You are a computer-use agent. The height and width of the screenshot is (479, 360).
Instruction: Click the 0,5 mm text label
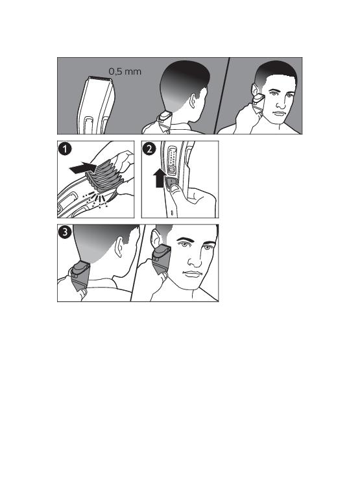pos(125,71)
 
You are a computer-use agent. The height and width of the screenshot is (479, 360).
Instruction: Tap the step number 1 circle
pos(65,149)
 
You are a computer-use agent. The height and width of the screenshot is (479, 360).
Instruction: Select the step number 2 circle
pos(149,149)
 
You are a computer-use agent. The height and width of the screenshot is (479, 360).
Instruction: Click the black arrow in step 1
pos(83,168)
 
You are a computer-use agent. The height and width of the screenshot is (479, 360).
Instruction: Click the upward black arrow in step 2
pos(160,179)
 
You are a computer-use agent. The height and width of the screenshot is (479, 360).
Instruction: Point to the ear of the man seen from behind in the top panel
pos(193,101)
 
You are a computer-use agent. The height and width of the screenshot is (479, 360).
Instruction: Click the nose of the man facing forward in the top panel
pos(281,102)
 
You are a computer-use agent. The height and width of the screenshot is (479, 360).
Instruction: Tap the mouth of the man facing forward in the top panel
pos(279,114)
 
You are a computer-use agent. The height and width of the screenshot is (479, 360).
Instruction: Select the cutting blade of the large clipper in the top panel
pos(100,79)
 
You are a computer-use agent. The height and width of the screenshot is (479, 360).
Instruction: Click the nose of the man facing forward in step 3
pos(194,259)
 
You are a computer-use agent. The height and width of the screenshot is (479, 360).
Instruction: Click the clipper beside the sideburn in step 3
pos(161,259)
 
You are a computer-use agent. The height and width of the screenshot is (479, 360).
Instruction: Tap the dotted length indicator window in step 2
pos(172,156)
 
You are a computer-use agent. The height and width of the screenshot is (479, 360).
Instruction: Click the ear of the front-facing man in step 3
pos(156,240)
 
